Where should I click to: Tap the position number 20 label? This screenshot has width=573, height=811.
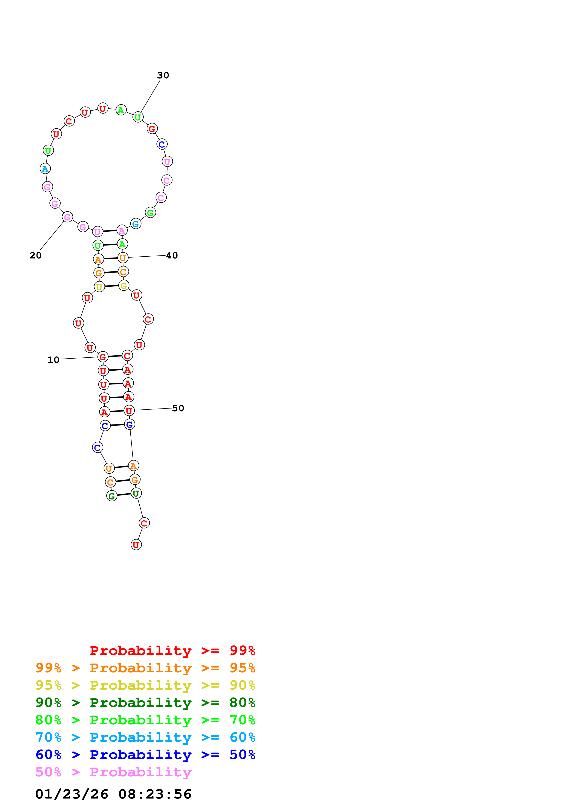coord(35,255)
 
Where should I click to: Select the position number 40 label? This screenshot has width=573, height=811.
coord(172,255)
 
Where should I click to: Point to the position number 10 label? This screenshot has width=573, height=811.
coord(53,360)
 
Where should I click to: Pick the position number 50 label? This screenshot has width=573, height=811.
coord(178,408)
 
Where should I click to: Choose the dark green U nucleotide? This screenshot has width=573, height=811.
coord(136,493)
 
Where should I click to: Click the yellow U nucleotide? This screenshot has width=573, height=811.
coord(99,287)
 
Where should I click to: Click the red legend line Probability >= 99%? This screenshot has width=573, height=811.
coord(172,651)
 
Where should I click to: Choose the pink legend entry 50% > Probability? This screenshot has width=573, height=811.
coord(113,772)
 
